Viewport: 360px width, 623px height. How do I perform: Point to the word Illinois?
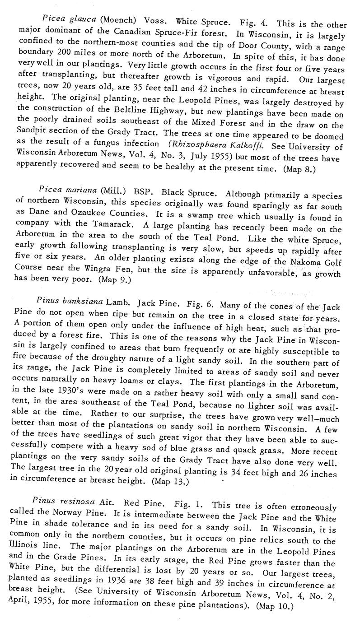coord(24,551)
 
